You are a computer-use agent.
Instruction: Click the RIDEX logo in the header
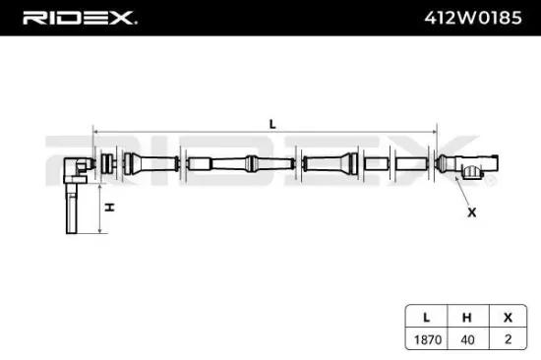80,18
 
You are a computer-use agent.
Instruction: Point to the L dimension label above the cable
270,123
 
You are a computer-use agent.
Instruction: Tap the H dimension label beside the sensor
110,208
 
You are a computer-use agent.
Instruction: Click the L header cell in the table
426,319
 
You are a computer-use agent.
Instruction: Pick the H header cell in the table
467,319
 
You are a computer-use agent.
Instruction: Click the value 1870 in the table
426,338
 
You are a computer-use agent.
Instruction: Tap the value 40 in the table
467,338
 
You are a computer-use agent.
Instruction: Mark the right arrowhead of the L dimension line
437,130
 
